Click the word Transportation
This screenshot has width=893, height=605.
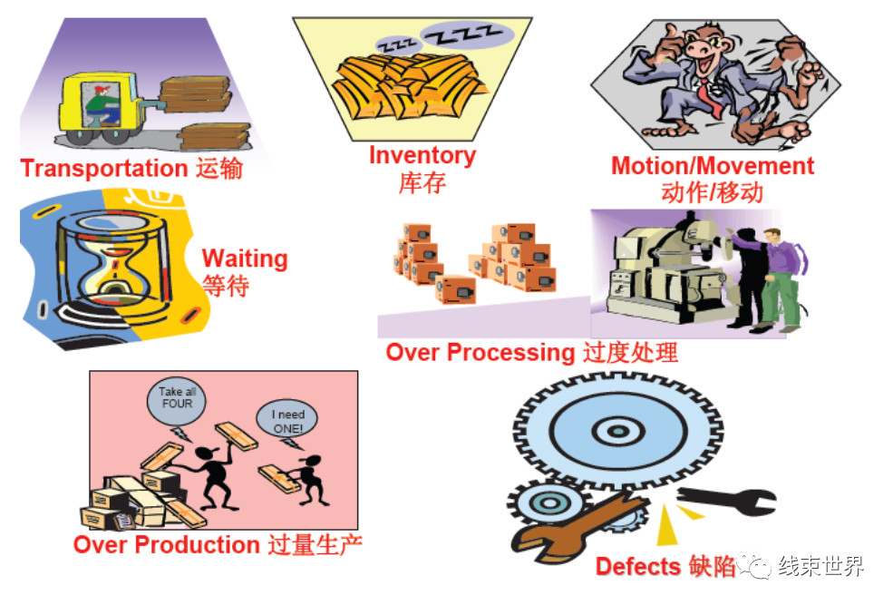(x=104, y=169)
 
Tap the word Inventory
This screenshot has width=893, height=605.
(x=422, y=155)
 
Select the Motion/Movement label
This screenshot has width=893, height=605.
(x=712, y=166)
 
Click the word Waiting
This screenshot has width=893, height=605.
(x=245, y=259)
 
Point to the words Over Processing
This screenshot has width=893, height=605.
(x=480, y=353)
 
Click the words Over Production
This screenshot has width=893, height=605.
(x=166, y=544)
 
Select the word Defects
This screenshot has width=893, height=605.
(x=638, y=566)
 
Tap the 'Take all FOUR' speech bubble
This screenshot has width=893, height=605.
(x=177, y=401)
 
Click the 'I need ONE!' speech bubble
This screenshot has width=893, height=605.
(x=287, y=420)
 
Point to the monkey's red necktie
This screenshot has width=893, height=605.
(x=708, y=97)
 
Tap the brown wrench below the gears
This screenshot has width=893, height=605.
(x=575, y=527)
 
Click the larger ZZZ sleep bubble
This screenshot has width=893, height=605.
(x=467, y=34)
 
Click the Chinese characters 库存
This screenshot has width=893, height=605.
(x=422, y=183)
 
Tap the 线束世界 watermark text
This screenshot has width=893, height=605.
(x=821, y=566)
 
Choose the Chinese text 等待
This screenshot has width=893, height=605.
(x=226, y=286)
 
